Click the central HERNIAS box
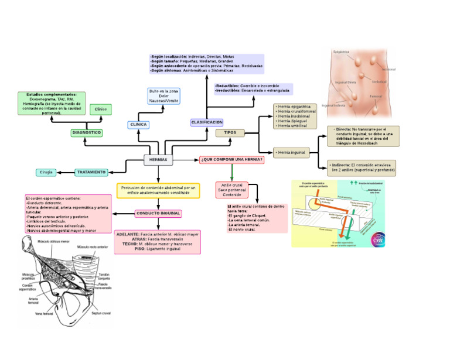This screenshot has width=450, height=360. [x=158, y=159]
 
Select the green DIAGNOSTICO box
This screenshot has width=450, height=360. [x=86, y=133]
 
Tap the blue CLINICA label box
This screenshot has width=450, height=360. [x=138, y=124]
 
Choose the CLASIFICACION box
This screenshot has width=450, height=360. [x=207, y=122]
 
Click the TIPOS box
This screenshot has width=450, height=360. [x=230, y=133]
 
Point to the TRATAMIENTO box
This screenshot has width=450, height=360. [x=91, y=172]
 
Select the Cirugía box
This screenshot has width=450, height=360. [x=47, y=172]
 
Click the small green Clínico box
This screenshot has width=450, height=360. [x=101, y=109]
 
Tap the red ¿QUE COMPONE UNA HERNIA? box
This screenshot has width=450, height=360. [x=231, y=159]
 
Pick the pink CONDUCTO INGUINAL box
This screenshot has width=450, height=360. [x=158, y=213]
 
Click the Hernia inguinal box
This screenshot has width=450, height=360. [x=291, y=152]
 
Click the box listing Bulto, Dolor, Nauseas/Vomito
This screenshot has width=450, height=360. [x=164, y=97]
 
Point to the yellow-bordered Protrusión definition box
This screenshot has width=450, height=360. [x=158, y=191]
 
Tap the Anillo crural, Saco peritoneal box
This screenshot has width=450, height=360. [x=233, y=190]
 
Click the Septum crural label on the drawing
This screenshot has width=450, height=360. [x=101, y=313]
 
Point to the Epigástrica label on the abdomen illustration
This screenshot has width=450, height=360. [x=341, y=52]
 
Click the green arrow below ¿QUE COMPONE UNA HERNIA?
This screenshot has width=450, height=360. [x=233, y=173]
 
